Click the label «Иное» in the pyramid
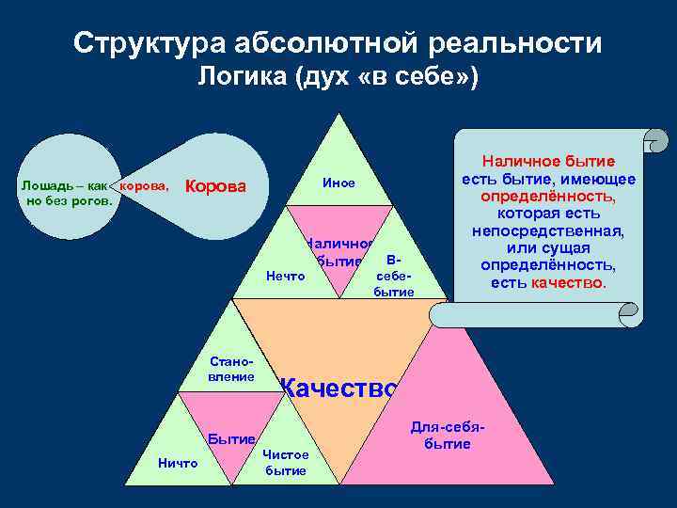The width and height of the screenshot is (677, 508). click(x=338, y=183)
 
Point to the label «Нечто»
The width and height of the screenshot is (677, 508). click(x=286, y=276)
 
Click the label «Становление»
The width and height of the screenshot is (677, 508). click(x=232, y=368)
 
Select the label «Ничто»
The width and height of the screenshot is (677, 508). click(x=178, y=463)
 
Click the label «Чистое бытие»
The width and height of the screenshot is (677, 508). click(x=286, y=462)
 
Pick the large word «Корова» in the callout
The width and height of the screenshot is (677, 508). click(x=216, y=186)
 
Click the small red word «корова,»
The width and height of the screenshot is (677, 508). click(x=145, y=185)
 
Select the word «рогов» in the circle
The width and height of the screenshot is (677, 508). click(x=92, y=200)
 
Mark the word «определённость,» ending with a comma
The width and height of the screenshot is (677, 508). click(x=549, y=197)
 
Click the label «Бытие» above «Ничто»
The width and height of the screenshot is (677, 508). click(x=231, y=438)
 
